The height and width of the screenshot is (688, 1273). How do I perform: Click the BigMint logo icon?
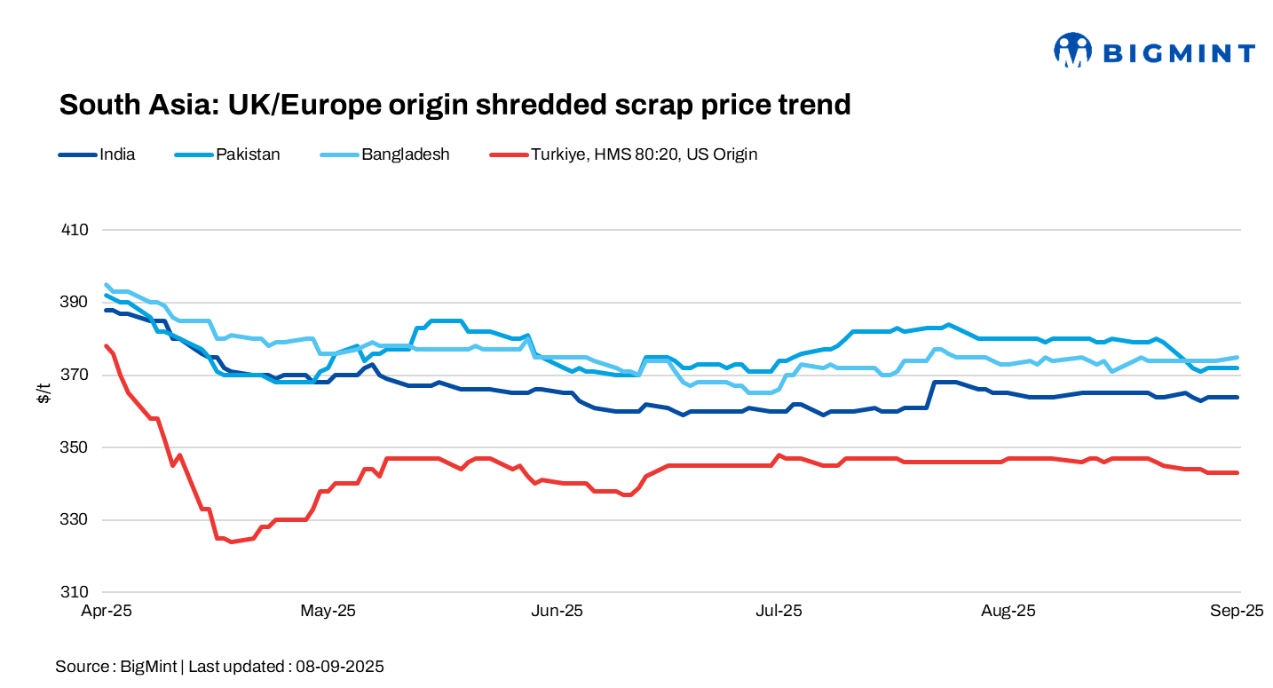click(x=1072, y=51)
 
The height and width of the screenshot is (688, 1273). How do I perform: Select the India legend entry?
click(x=116, y=154)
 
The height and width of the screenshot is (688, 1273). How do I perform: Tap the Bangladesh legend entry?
click(x=405, y=154)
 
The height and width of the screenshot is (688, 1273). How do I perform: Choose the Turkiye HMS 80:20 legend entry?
click(x=644, y=154)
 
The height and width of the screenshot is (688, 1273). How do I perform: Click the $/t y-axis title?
click(x=43, y=392)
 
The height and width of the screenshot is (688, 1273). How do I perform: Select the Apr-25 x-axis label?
click(x=107, y=611)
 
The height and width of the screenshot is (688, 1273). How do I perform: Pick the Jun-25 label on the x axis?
click(x=557, y=611)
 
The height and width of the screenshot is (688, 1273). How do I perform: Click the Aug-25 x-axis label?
click(x=1008, y=611)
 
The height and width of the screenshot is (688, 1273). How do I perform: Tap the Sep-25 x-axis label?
click(x=1237, y=611)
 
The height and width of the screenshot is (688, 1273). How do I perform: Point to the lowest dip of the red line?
click(x=231, y=542)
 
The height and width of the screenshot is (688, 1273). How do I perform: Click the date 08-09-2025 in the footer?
click(x=340, y=666)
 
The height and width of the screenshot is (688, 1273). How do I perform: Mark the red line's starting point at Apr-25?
click(x=107, y=346)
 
